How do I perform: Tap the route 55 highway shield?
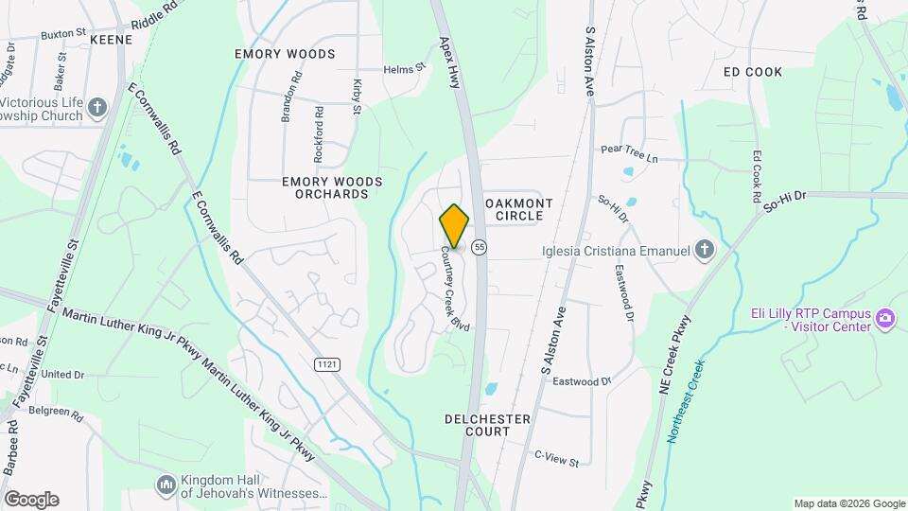(x=480, y=247)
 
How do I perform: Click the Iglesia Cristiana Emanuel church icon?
(x=705, y=250)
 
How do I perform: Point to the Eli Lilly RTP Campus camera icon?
(x=885, y=317)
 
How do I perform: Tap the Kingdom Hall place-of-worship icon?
(x=166, y=485)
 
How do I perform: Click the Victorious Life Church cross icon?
(x=96, y=108)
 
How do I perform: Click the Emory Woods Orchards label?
(x=318, y=187)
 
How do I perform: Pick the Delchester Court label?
(x=477, y=425)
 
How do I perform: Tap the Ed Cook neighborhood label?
(x=752, y=72)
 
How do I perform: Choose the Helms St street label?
(x=405, y=69)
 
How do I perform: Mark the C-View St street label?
(x=555, y=460)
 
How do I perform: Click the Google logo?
(x=30, y=500)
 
